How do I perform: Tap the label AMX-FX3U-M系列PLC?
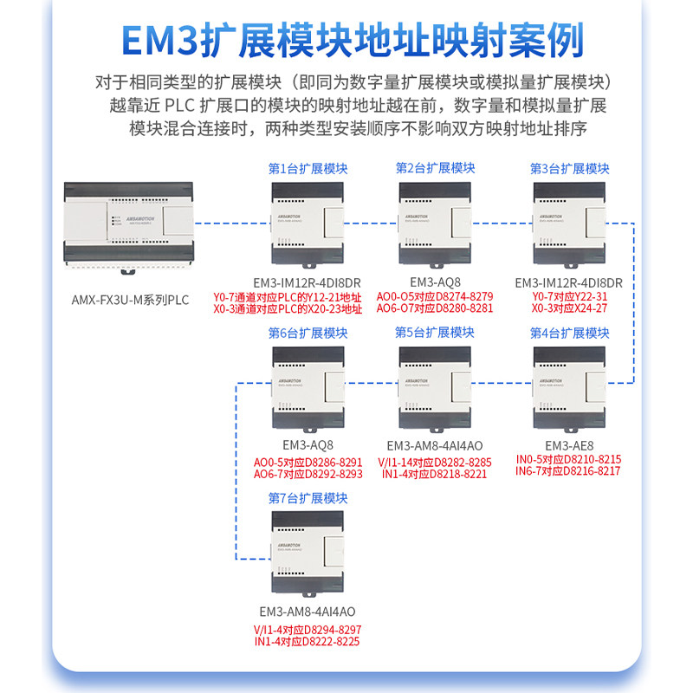pyautogui.click(x=130, y=301)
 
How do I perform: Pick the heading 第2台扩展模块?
pyautogui.click(x=435, y=168)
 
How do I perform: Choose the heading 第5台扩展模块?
pyautogui.click(x=435, y=333)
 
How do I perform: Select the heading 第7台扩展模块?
pyautogui.click(x=308, y=498)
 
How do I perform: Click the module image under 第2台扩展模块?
pyautogui.click(x=434, y=225)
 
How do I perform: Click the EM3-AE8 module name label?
pyautogui.click(x=568, y=445)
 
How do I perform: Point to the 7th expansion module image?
pyautogui.click(x=308, y=554)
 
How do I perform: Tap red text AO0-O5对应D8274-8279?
pyautogui.click(x=435, y=296)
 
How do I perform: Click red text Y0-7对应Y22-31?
pyautogui.click(x=568, y=296)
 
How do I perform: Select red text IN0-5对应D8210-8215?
pyautogui.click(x=568, y=459)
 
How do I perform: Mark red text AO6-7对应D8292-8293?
pyautogui.click(x=308, y=474)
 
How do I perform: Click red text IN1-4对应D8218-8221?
pyautogui.click(x=435, y=474)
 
